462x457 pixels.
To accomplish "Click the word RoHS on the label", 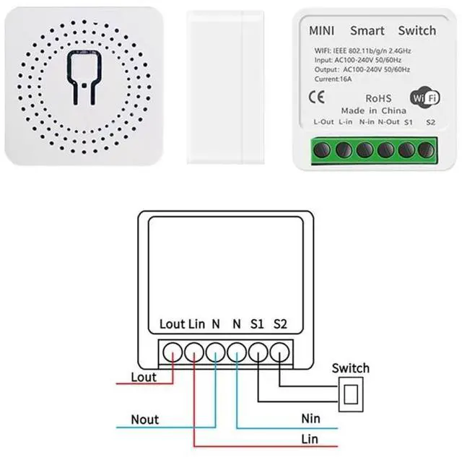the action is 378,97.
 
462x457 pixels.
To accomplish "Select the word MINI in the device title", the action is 325,31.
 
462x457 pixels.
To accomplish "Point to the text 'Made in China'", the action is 373,110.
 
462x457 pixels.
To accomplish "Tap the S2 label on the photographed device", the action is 430,122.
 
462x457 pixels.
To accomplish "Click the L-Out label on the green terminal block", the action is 323,122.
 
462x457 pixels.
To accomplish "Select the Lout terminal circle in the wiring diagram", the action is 173,352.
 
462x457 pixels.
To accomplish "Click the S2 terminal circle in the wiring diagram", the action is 280,352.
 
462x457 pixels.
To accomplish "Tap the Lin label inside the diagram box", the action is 197,324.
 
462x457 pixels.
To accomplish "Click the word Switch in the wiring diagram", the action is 350,368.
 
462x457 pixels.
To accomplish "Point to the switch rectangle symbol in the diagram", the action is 350,394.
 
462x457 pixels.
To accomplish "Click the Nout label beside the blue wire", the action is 144,419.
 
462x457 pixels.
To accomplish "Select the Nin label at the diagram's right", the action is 310,418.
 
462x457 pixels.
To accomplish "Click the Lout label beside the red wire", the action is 144,377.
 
